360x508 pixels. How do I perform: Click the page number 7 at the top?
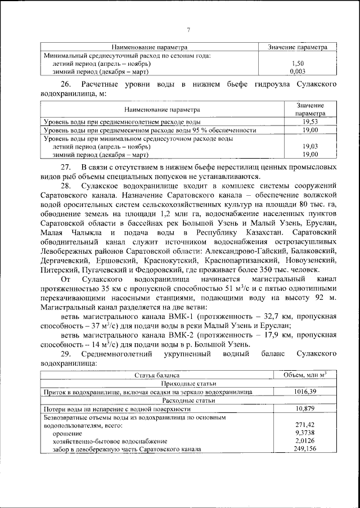pyautogui.click(x=189, y=30)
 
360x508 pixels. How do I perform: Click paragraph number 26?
pyautogui.click(x=67, y=84)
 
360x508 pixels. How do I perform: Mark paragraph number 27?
pyautogui.click(x=66, y=168)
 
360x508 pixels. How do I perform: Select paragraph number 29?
pyautogui.click(x=66, y=353)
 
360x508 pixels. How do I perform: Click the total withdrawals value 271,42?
pyautogui.click(x=304, y=426)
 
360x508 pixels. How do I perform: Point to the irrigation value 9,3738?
pyautogui.click(x=304, y=434)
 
